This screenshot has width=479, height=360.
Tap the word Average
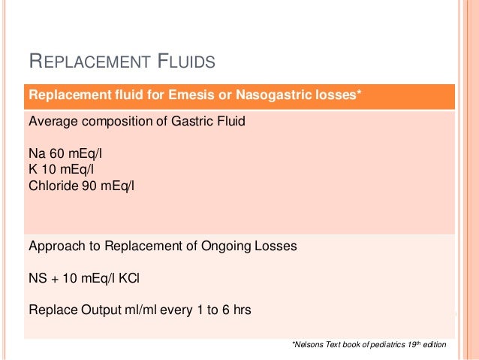[50, 120]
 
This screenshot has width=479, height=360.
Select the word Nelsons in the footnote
[306, 345]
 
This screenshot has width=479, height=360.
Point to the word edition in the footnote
[434, 345]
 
